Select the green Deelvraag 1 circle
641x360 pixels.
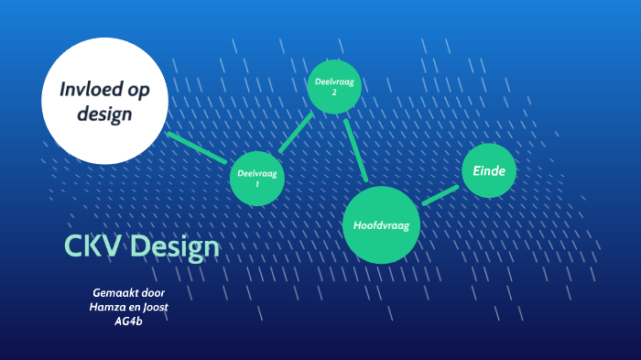click(256, 178)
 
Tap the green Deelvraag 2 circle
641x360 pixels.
click(334, 87)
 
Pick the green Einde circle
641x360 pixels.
click(490, 170)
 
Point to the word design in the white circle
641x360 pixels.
click(105, 115)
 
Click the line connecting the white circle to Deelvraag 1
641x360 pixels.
click(198, 147)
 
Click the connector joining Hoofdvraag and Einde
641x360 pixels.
click(440, 194)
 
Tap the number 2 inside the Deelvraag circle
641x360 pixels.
click(334, 93)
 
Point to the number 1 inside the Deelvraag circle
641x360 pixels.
click(256, 184)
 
